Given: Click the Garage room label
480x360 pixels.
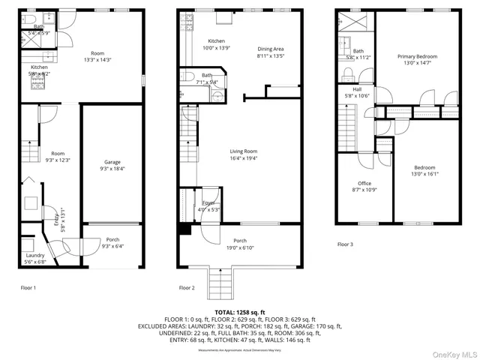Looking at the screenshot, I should [x=112, y=162].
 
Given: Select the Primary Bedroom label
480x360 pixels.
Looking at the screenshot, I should [x=417, y=56].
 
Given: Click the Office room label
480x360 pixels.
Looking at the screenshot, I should [x=364, y=183].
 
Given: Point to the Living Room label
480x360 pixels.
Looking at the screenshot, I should [x=242, y=151].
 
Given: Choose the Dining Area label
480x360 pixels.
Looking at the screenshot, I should [x=271, y=49].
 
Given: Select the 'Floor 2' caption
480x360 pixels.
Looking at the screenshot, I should [x=187, y=287].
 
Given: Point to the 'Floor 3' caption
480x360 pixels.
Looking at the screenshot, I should [x=345, y=244].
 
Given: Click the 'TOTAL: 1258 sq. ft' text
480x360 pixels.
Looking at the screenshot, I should [x=240, y=311].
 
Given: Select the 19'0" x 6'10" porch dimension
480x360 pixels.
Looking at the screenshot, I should [x=240, y=247].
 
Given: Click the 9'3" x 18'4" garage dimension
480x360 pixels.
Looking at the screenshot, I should [x=112, y=169].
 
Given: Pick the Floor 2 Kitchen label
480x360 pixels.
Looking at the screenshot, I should [x=216, y=40].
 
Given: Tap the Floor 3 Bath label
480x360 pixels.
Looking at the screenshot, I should [x=358, y=51].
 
